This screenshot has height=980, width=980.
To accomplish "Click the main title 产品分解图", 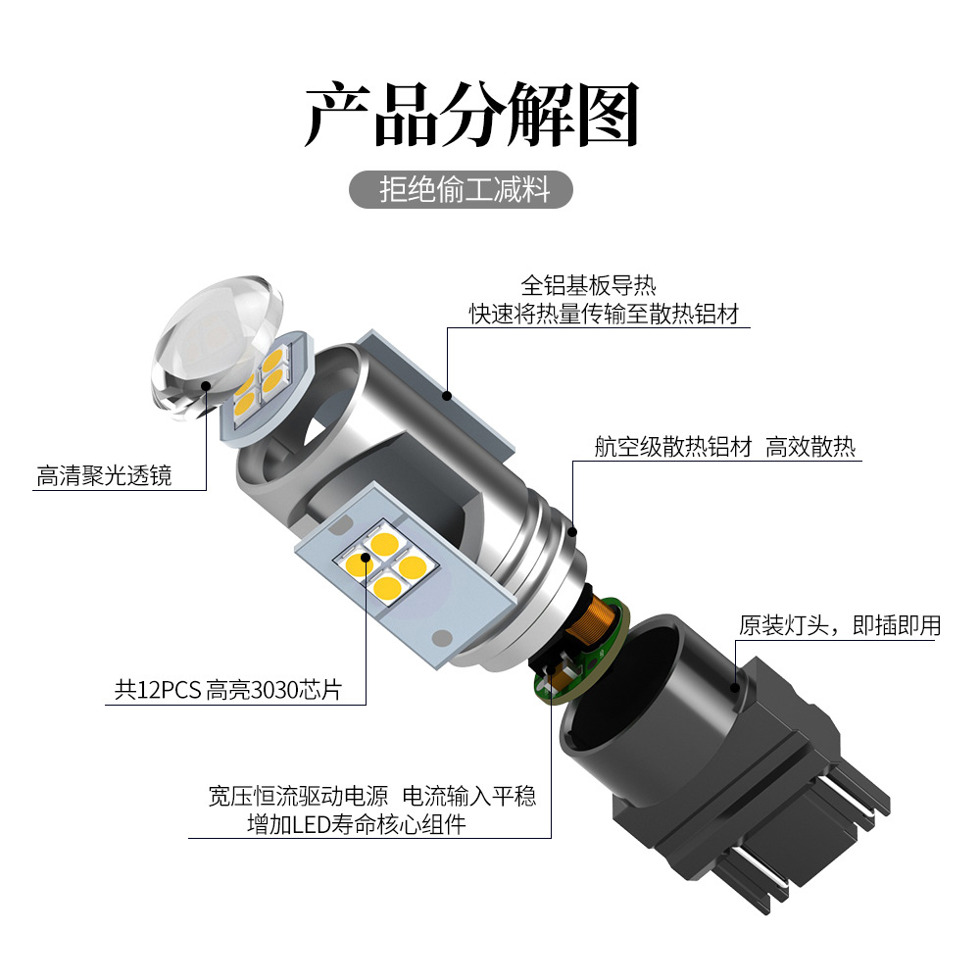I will (472, 116).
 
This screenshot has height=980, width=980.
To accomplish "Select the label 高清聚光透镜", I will (104, 476).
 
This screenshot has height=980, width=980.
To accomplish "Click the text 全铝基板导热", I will (588, 286).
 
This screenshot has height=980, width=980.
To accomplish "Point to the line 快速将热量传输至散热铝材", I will (603, 315).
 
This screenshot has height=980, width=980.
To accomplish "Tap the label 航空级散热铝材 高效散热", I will (725, 448).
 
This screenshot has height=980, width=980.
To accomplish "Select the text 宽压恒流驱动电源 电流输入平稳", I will (372, 795).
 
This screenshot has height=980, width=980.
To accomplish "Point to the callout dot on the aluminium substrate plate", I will (447, 396).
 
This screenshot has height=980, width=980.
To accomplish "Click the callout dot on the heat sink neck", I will (573, 532).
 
